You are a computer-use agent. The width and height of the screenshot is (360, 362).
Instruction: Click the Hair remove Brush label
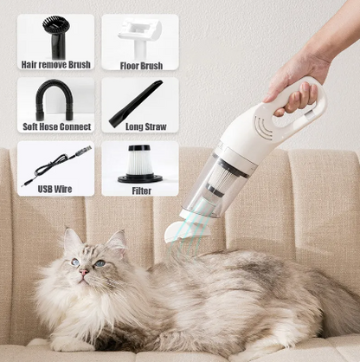(x=55, y=64)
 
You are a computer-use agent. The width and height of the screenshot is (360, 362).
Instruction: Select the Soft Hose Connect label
(x=55, y=126)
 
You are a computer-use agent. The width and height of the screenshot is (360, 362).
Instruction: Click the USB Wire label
(x=55, y=189)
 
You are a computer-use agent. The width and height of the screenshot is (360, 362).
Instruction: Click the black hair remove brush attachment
(x=55, y=36)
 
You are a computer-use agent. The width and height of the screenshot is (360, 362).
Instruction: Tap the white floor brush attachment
(x=141, y=33)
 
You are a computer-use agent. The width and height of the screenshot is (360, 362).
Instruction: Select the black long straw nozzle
(x=137, y=103)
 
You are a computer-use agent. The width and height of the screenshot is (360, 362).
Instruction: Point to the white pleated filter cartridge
(x=139, y=162)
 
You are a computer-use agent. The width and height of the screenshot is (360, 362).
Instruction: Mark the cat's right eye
(x=75, y=262)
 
